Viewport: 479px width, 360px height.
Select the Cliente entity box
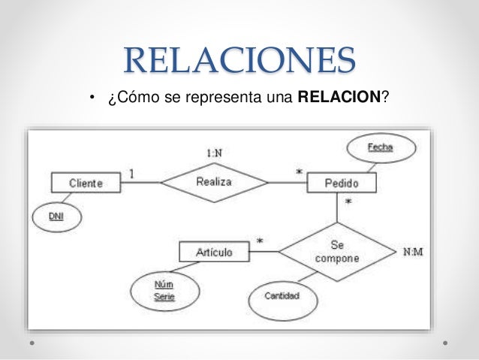click(86, 183)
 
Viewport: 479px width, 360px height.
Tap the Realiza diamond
click(214, 182)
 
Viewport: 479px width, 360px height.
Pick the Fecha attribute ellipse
click(380, 147)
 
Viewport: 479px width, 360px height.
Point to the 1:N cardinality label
click(214, 153)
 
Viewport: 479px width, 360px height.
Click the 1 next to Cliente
click(133, 174)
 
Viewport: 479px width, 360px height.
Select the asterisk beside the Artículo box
click(260, 242)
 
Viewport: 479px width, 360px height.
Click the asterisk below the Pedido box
click(348, 202)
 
